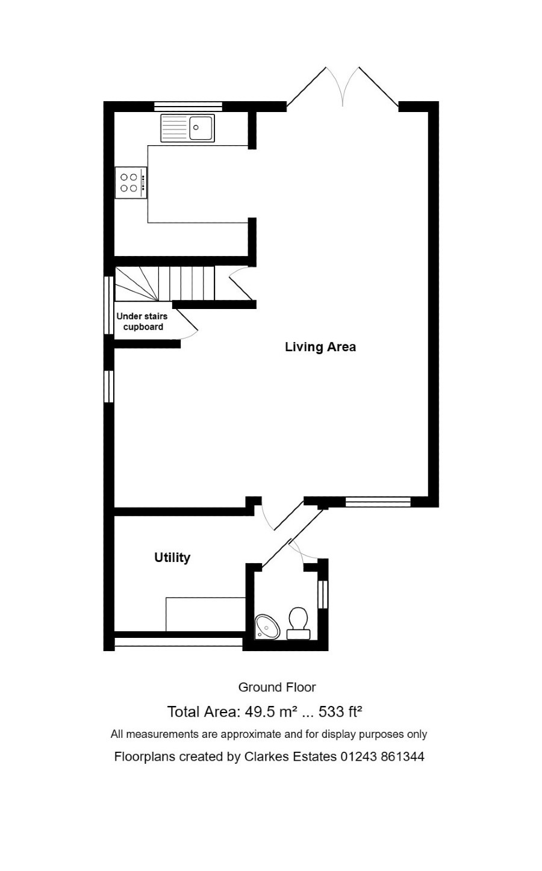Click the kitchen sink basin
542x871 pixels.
click(201, 128)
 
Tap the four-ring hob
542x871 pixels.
click(131, 183)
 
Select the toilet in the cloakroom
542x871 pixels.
click(298, 623)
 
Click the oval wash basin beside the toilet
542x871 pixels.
click(267, 626)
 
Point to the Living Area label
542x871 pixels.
click(320, 347)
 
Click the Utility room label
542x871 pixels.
click(172, 558)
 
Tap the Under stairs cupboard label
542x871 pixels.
click(143, 322)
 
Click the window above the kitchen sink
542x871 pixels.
click(188, 107)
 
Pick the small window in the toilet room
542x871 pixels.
click(323, 594)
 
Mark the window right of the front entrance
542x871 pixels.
click(378, 501)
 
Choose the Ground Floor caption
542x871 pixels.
click(277, 687)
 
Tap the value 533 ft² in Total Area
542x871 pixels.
click(340, 712)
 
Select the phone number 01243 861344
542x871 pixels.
click(382, 757)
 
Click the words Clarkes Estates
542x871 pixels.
click(290, 757)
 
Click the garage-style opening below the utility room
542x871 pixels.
click(178, 642)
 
